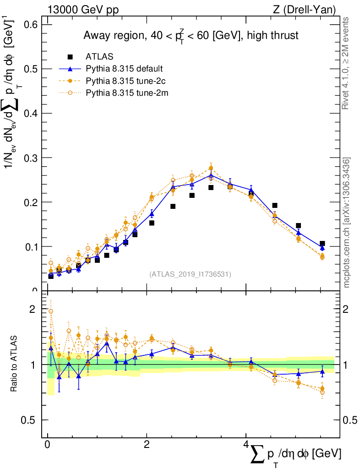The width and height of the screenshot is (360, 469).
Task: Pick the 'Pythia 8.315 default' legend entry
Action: pyautogui.click(x=124, y=69)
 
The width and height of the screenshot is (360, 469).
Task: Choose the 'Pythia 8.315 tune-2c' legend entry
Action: pyautogui.click(x=125, y=81)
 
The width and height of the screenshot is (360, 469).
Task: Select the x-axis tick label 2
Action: pyautogui.click(x=146, y=445)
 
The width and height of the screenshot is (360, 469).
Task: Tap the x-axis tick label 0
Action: pyautogui.click(x=47, y=445)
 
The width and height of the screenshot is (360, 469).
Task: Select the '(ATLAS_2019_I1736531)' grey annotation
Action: pyautogui.click(x=190, y=274)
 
